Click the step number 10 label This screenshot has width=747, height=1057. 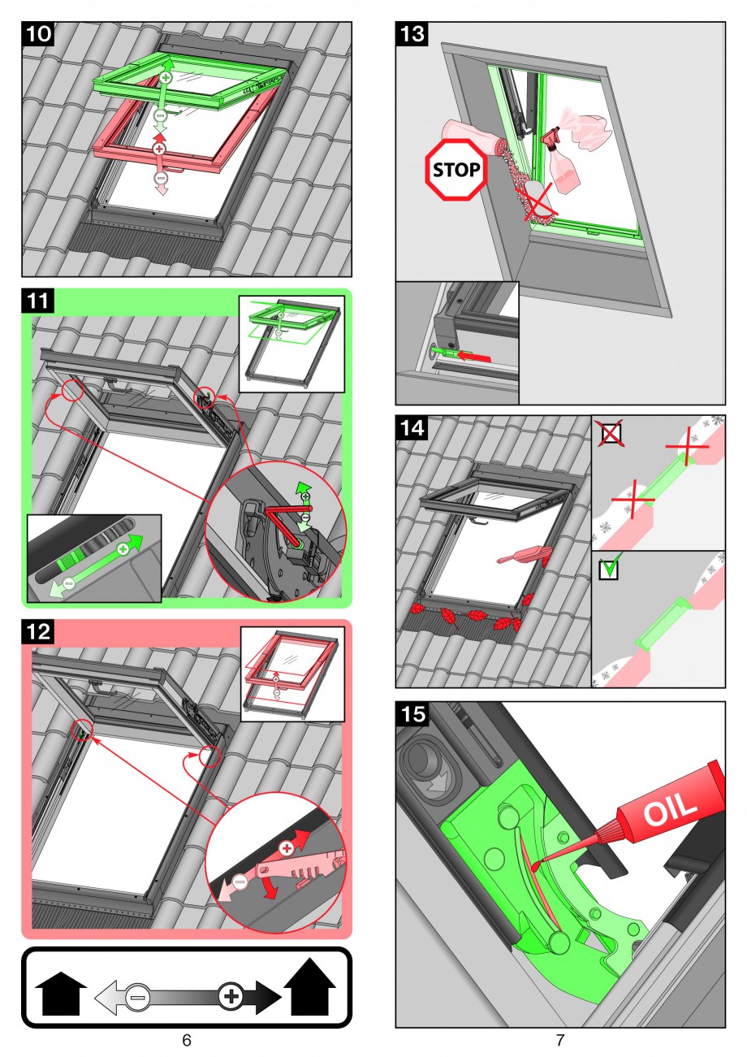point(38,34)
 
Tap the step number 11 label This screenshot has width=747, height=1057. point(38,301)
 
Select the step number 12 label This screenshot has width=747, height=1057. point(38,632)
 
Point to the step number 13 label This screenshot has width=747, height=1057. point(412,34)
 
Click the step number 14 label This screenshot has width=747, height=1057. point(412,427)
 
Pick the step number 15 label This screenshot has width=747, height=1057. point(412,714)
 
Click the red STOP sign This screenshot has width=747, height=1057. point(456,170)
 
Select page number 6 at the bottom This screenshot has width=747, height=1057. point(187,1040)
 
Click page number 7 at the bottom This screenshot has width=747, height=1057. point(560,1040)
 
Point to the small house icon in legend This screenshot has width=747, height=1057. point(61,994)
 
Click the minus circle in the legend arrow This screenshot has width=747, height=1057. point(137,998)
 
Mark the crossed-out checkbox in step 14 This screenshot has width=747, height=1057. point(611,433)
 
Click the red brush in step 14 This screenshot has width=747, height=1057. point(524,556)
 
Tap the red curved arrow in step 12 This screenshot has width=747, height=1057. point(270,888)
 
